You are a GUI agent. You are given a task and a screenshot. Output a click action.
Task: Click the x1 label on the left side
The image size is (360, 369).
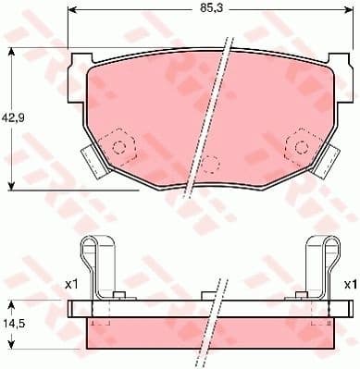[x=71, y=285]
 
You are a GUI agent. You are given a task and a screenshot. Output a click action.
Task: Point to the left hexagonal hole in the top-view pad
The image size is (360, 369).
[x=118, y=144]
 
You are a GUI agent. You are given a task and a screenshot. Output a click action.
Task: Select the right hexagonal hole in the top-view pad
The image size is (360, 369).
[x=299, y=144]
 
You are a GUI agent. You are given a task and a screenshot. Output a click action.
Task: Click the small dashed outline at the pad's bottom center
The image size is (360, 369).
[x=210, y=165]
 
